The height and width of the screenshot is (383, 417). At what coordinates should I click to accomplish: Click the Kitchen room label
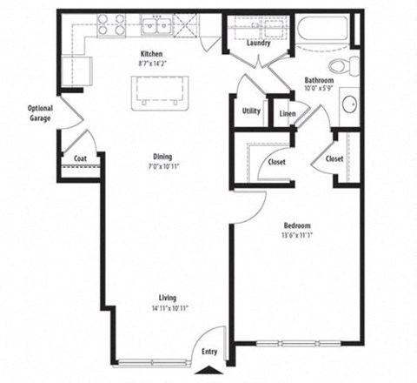[x=152, y=53]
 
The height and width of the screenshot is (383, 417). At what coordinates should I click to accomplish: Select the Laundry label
[x=257, y=43]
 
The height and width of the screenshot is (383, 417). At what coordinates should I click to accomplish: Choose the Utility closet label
[x=251, y=111]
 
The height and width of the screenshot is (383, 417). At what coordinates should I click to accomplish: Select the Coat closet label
[x=80, y=158]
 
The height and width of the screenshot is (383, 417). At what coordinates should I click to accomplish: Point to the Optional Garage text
[x=40, y=113]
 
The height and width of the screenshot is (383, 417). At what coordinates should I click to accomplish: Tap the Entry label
[x=209, y=352]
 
